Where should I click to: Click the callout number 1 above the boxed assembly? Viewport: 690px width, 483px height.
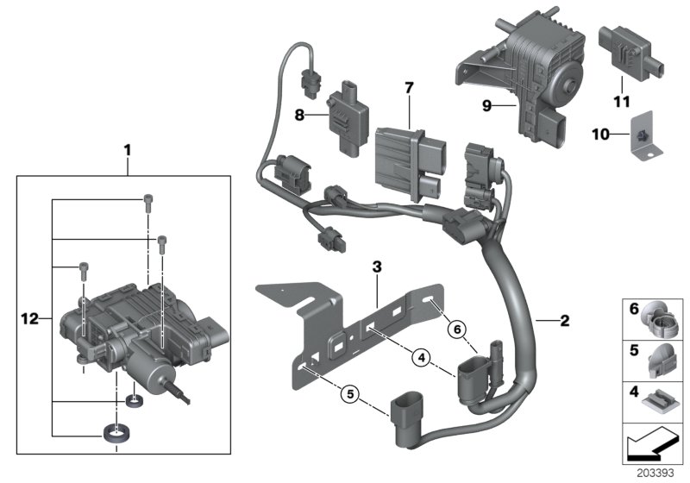coord(127,150)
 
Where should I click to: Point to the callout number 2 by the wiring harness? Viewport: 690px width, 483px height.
coord(565,321)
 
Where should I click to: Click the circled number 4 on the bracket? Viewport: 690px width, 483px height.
coord(422,355)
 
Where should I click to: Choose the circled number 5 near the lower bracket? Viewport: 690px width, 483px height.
coord(348,393)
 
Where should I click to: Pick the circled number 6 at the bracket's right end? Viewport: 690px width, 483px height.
coord(457,327)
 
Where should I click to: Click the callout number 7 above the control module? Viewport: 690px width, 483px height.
coord(409,88)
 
